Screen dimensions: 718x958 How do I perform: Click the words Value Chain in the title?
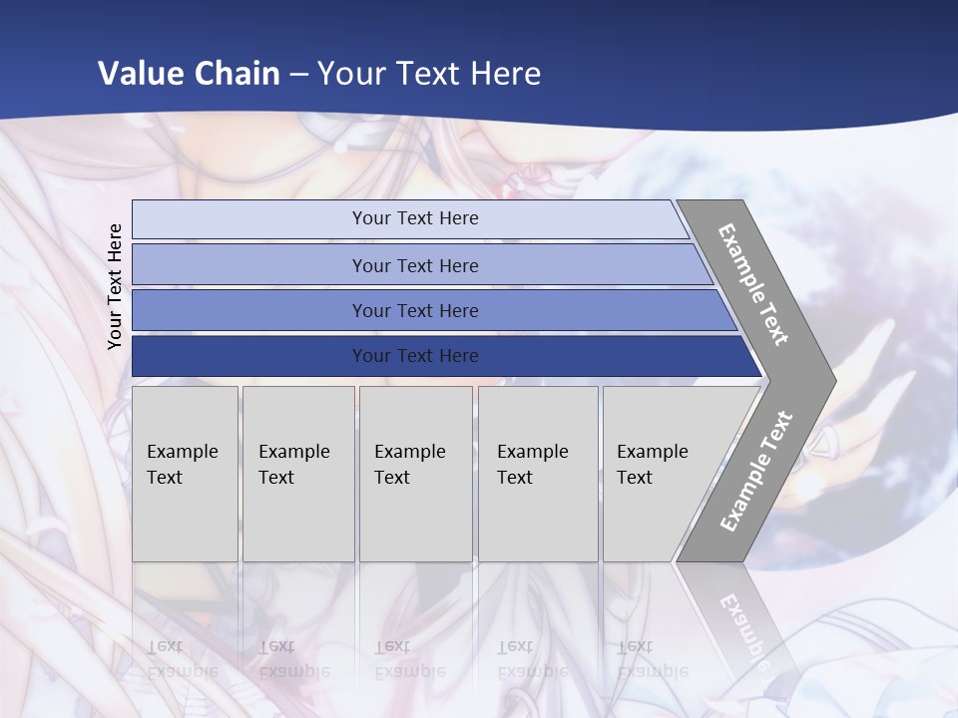click(x=189, y=74)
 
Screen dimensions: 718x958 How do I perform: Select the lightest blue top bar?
click(x=249, y=219)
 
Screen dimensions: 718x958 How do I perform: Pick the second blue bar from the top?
click(x=249, y=265)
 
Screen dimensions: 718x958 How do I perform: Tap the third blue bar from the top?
click(x=249, y=311)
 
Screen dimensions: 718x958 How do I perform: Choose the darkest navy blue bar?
click(x=249, y=356)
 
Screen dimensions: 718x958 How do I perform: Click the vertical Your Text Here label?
click(x=116, y=286)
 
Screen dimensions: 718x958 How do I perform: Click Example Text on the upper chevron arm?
click(x=753, y=284)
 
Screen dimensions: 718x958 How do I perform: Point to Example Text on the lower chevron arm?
click(x=755, y=472)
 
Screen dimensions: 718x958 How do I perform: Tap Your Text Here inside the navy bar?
click(x=415, y=356)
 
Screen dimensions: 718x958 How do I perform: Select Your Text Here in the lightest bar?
click(x=415, y=218)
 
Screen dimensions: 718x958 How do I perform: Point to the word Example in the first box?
click(x=182, y=452)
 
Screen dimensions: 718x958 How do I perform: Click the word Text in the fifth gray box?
click(x=634, y=478)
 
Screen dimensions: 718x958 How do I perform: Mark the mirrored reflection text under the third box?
click(x=409, y=659)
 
